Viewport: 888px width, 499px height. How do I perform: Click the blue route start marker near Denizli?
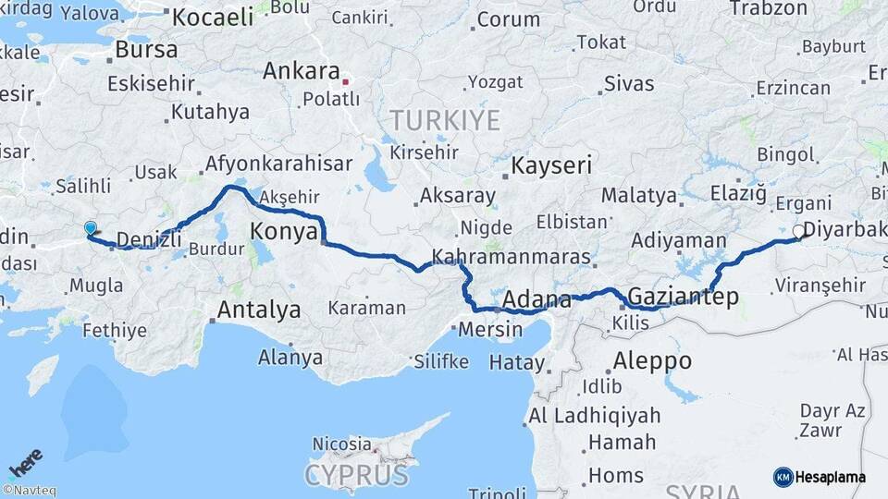pos(90,227)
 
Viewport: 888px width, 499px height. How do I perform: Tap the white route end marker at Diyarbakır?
pos(799,231)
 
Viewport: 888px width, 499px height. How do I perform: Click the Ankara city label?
pos(302,71)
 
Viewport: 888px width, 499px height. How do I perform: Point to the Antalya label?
pos(258,310)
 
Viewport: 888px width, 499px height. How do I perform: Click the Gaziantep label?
pos(683,297)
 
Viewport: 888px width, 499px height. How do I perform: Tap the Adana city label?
pos(536,300)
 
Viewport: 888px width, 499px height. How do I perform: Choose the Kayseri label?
pos(552,166)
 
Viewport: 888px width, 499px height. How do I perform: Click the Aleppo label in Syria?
pos(652,360)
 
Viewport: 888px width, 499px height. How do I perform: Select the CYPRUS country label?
pos(357,475)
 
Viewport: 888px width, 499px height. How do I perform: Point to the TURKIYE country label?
pos(445,120)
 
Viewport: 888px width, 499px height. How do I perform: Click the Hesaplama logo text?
pos(829,477)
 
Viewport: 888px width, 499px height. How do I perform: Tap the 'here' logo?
pos(26,462)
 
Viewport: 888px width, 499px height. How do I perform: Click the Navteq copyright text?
pos(30,491)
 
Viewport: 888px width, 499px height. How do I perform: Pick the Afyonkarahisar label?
pos(278,164)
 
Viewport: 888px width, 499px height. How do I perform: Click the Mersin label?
pos(491,329)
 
